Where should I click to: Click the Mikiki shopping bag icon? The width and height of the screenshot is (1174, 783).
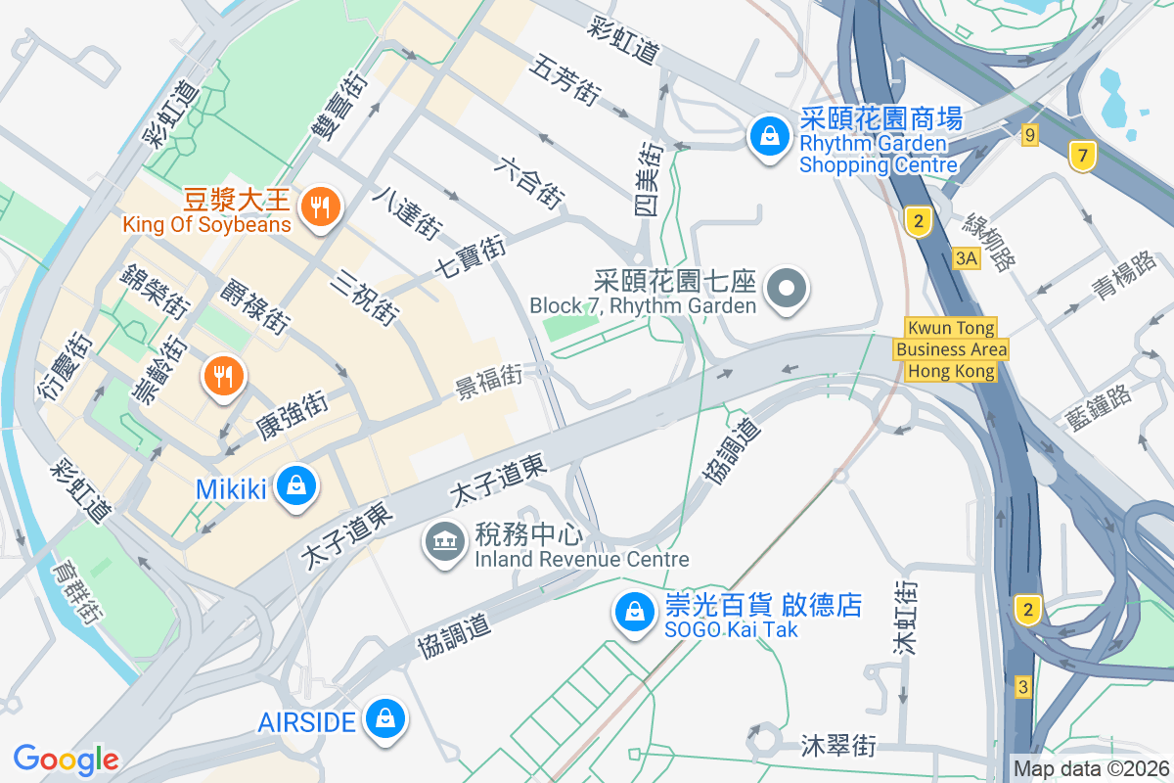tap(294, 486)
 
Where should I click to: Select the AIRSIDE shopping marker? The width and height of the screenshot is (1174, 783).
tap(385, 721)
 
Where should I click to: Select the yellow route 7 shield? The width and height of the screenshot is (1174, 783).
tap(1082, 156)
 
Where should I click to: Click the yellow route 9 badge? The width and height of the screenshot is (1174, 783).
tap(1029, 135)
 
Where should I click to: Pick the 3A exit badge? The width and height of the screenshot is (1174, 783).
tap(967, 258)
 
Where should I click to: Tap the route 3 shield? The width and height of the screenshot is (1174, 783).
tap(1023, 686)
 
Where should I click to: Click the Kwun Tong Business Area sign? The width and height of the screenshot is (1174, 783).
tap(951, 349)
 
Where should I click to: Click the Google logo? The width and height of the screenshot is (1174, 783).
tap(66, 759)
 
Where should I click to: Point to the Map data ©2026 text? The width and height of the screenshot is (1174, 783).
tap(1090, 768)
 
